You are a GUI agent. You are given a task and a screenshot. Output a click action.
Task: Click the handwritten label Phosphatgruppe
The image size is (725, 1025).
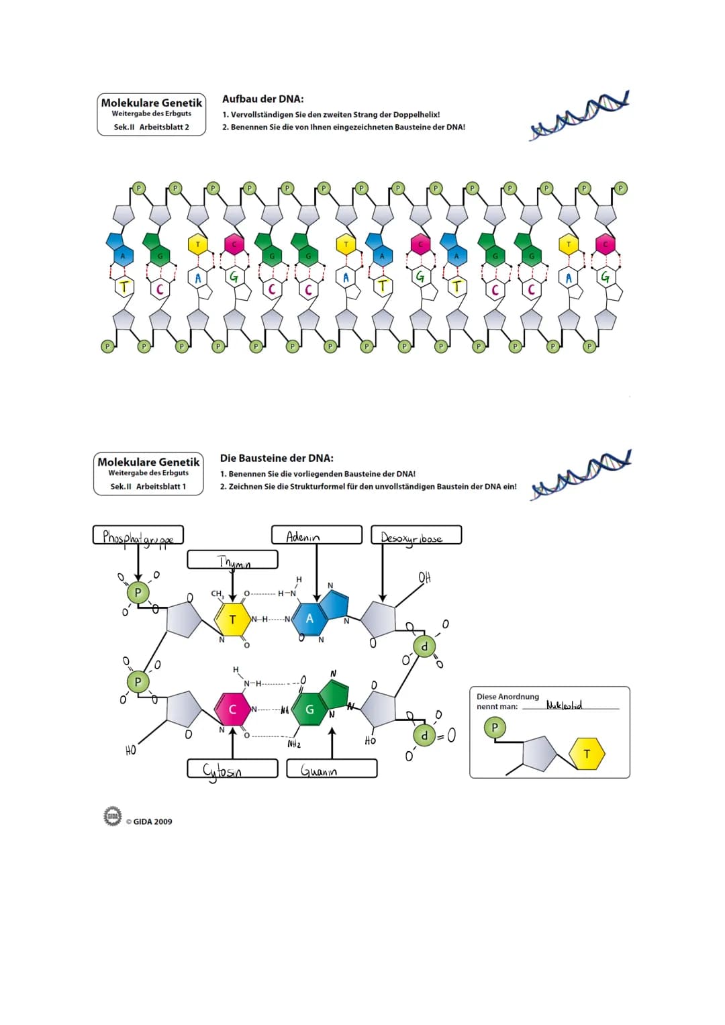tap(138, 536)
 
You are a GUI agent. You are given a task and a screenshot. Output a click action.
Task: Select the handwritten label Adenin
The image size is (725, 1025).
tap(303, 536)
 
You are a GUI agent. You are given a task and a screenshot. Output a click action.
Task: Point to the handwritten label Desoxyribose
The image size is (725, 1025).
tap(412, 538)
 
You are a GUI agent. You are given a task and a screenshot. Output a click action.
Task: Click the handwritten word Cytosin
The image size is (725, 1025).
tap(222, 771)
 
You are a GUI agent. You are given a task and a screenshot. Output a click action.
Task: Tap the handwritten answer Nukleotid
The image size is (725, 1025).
tap(564, 705)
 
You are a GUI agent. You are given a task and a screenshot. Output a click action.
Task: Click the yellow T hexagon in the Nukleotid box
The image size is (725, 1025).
tap(587, 754)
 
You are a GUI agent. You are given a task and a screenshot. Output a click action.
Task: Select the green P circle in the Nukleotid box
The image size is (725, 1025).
tap(495, 727)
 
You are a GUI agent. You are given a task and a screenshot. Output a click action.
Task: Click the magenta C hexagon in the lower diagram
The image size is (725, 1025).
tap(232, 709)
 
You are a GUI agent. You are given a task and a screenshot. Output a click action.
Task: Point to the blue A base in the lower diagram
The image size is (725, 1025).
tap(309, 618)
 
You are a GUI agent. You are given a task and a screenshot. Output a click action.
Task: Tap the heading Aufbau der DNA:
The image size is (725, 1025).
tap(262, 99)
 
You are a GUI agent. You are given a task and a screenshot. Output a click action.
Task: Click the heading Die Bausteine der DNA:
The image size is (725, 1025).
tap(277, 458)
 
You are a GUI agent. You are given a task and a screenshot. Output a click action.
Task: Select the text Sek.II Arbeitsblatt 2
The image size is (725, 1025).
tap(151, 127)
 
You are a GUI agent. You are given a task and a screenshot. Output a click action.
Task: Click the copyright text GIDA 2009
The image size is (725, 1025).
tap(152, 822)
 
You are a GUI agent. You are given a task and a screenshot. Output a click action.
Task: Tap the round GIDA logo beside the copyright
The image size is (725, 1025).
tap(113, 817)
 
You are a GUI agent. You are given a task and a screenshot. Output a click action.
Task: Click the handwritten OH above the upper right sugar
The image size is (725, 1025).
tap(424, 577)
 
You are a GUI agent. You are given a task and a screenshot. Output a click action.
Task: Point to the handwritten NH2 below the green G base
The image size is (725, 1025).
tap(294, 744)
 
